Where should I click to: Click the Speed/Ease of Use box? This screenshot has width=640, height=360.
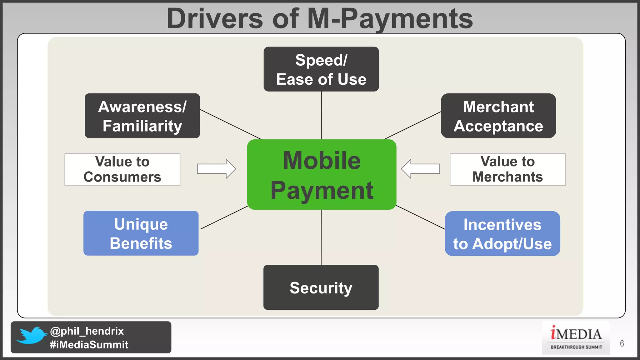pos(321,69)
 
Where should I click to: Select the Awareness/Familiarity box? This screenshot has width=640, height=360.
pos(142,116)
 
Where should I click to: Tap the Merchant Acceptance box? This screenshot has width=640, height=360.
pos(498,116)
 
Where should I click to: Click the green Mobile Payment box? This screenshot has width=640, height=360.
pos(322,174)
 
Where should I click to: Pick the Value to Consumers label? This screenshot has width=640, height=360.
pos(122,169)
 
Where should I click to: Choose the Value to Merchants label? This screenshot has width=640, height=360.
pos(507,169)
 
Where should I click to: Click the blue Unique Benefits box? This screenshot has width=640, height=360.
pos(141,233)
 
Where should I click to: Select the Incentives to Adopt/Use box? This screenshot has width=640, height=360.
pos(502,234)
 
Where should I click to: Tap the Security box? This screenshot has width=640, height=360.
pos(321,287)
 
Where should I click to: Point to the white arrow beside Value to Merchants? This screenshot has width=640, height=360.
pos(420,169)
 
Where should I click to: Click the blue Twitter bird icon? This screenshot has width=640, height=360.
pos(31,336)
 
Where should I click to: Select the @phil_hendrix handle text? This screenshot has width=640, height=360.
pos(87,331)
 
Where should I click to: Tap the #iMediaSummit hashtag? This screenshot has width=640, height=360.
pos(89,345)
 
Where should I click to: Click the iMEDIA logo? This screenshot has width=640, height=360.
pos(576,337)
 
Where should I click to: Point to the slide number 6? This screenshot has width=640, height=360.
pos(622,344)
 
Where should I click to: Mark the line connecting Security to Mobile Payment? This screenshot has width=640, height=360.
pos(321,237)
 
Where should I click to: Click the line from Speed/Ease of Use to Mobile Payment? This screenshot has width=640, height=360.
pos(321,115)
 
